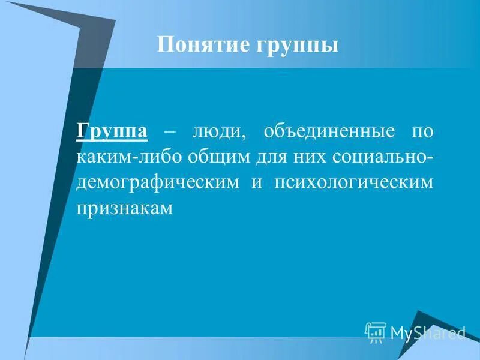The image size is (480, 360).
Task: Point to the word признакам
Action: click(124, 208)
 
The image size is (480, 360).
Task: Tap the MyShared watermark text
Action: click(427, 332)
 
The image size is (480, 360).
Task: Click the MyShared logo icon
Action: click(376, 332)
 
